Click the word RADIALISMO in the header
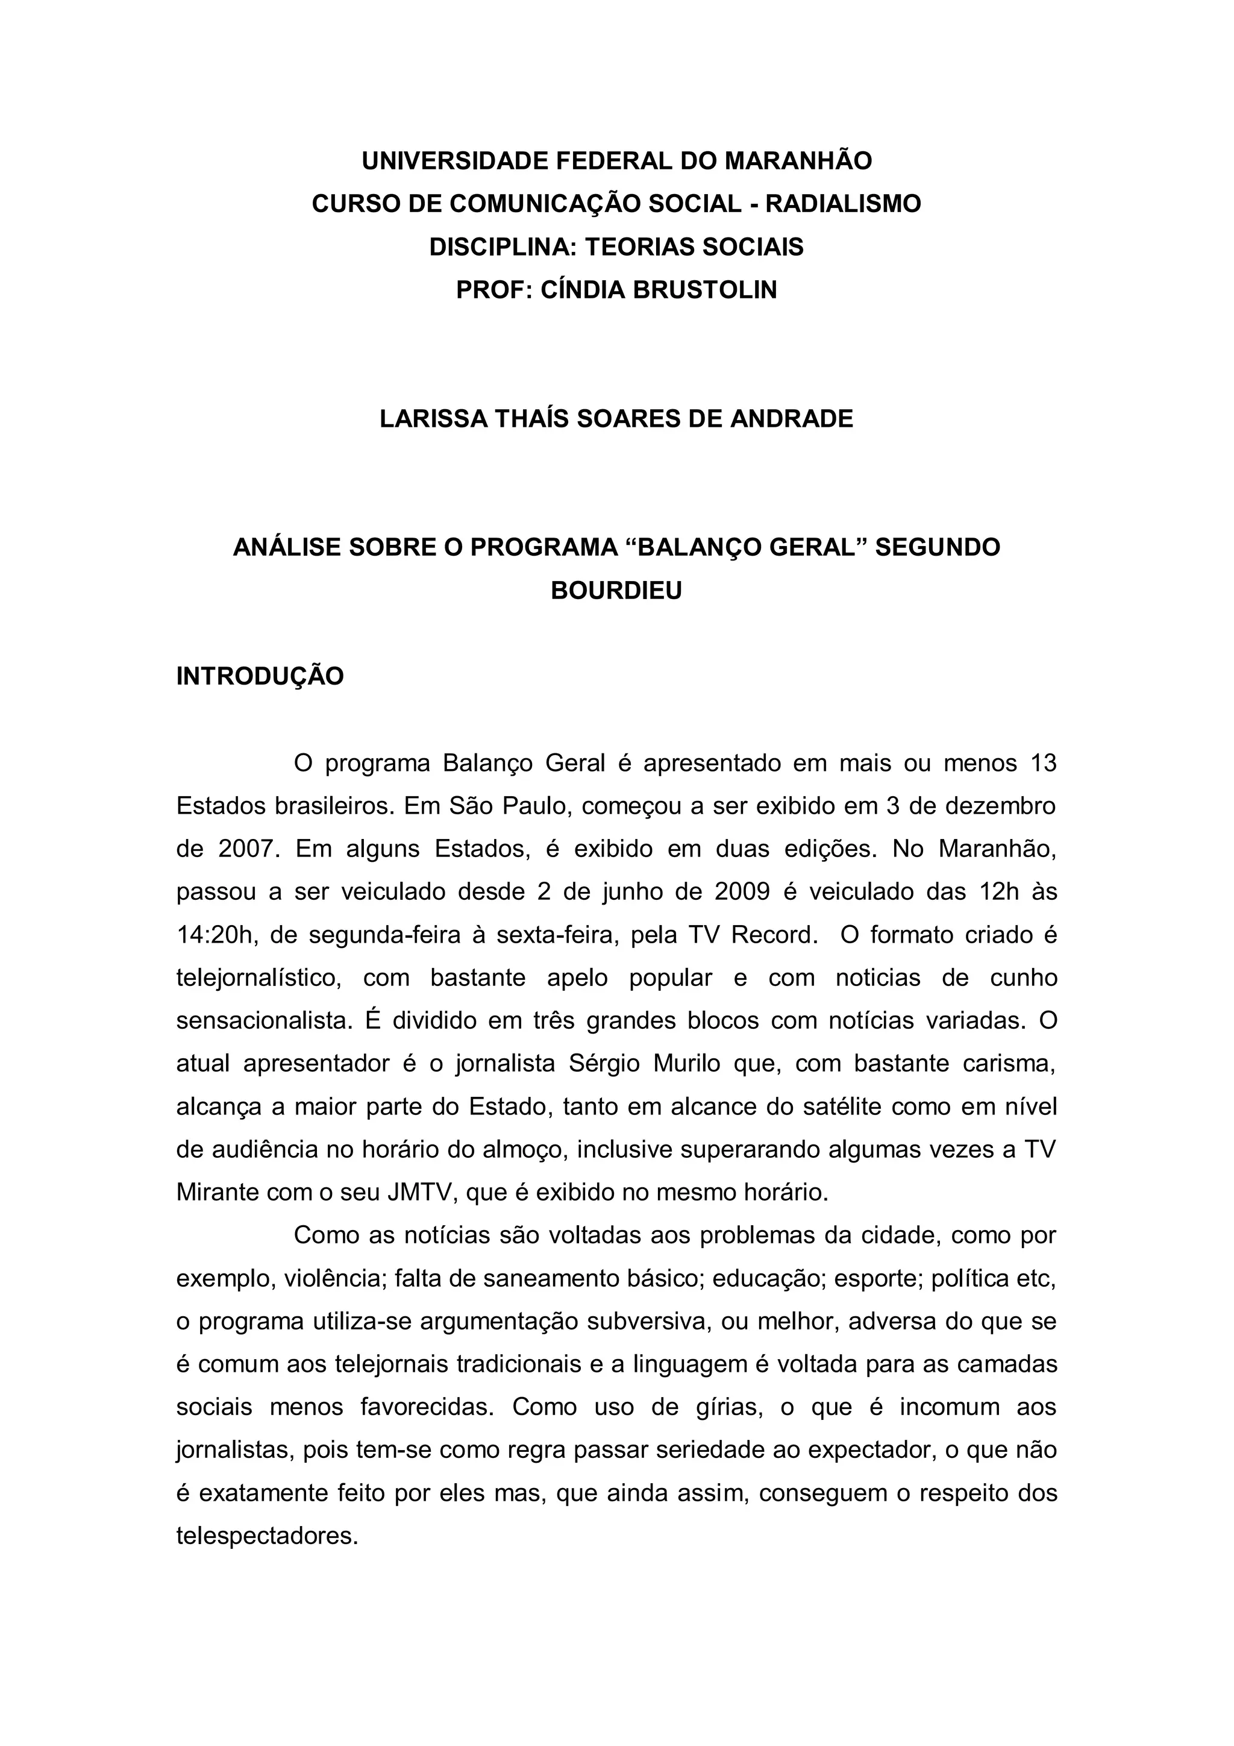[x=842, y=204]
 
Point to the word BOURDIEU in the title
[x=616, y=591]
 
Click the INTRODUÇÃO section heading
[x=260, y=677]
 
